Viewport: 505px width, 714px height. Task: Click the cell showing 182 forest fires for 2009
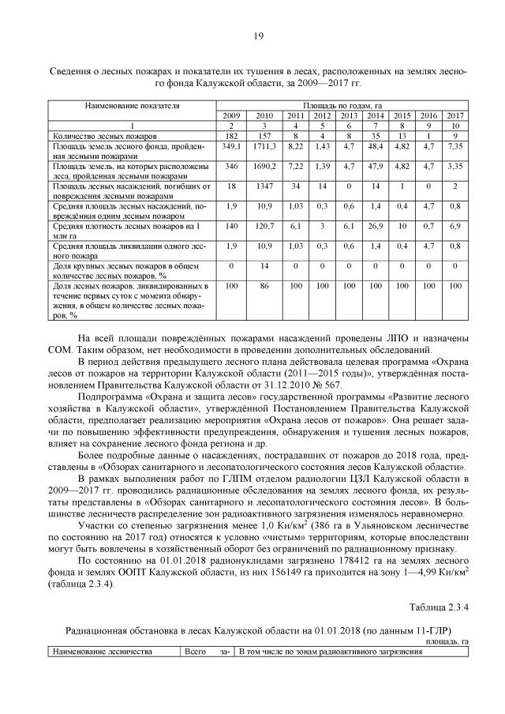(x=231, y=136)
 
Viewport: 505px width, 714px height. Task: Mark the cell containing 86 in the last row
(x=264, y=285)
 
